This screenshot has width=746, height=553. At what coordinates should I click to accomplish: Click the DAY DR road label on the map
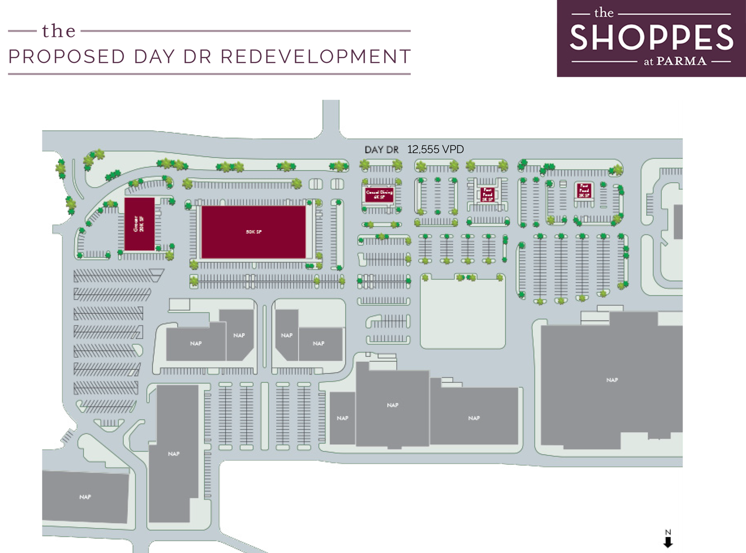[381, 150]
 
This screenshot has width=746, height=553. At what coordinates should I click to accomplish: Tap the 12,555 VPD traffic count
[435, 149]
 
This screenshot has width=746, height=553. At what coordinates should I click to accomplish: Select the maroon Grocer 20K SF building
[139, 224]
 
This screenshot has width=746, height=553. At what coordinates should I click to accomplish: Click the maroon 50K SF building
[254, 232]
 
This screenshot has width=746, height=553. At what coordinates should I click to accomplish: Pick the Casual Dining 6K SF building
[379, 194]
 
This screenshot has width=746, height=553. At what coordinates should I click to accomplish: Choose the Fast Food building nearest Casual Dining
[487, 194]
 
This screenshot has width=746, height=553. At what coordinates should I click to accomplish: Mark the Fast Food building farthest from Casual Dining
[584, 190]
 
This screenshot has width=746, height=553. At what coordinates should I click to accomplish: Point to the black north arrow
[668, 542]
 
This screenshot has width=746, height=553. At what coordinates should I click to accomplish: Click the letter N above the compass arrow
[668, 532]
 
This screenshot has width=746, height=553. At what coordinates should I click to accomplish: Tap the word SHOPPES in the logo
[651, 38]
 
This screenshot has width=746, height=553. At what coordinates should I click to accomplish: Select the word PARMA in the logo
[681, 61]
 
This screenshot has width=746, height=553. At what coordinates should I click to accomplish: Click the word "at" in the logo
[649, 62]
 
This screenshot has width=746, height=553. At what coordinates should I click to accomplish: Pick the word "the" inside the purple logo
[604, 13]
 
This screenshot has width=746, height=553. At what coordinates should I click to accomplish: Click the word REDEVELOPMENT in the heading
[316, 57]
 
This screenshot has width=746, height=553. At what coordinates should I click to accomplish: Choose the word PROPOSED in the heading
[67, 57]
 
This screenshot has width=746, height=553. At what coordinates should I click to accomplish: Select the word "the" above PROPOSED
[59, 31]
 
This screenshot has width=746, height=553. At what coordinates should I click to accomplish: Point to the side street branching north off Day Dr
[331, 117]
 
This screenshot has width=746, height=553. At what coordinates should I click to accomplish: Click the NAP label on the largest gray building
[612, 380]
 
